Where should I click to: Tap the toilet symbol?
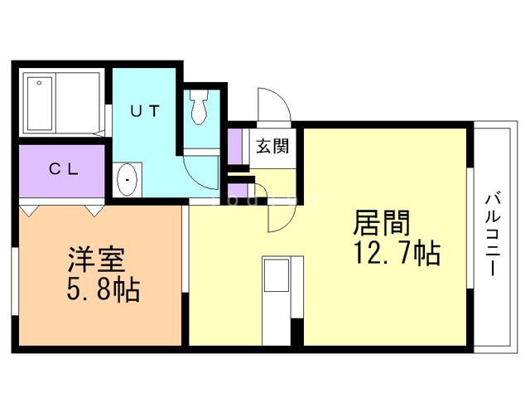(199, 107)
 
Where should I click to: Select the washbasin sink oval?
(127, 179)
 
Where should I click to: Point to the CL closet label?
(63, 170)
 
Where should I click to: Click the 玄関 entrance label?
(272, 148)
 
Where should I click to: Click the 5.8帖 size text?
(102, 290)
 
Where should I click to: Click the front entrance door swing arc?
(273, 104)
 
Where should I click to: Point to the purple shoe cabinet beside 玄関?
(236, 146)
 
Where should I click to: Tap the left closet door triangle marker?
(30, 211)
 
